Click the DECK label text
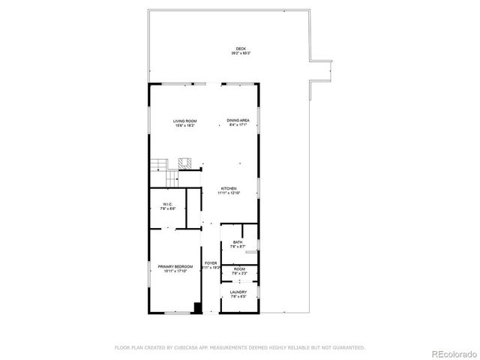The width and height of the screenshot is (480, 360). click(x=241, y=49)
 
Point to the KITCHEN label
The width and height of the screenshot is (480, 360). click(x=229, y=188)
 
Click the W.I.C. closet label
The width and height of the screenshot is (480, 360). click(x=168, y=204)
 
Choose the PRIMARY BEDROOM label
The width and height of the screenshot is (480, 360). click(x=175, y=266)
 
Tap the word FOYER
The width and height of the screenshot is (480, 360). click(x=211, y=263)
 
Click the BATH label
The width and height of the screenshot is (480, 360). click(x=238, y=241)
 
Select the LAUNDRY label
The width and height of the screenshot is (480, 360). click(x=238, y=292)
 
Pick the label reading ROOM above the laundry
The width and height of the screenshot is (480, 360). click(x=238, y=269)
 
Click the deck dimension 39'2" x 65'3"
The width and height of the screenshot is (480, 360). click(x=241, y=54)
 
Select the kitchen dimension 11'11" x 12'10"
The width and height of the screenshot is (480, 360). click(x=229, y=193)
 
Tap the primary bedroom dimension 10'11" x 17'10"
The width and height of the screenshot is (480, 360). click(x=175, y=271)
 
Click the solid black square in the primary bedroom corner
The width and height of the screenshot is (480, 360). click(x=197, y=307)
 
